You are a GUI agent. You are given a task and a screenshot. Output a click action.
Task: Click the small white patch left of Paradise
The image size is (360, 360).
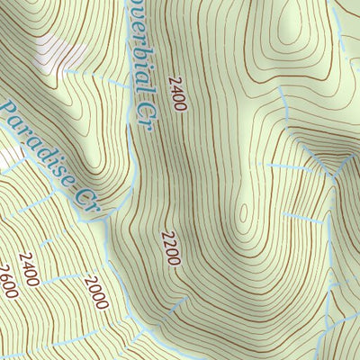(x=7, y=157)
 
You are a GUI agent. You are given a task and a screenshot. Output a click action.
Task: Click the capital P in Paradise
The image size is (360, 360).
(x=12, y=112)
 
